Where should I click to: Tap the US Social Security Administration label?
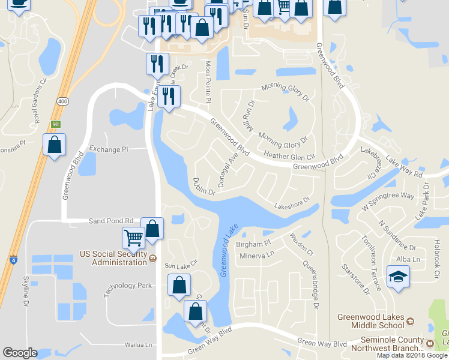coord(113,258)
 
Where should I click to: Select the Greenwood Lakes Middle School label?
coord(370,321)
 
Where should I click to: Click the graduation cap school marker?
coord(397,278)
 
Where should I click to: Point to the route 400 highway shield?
coord(62,102)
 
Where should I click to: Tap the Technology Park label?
coord(128,286)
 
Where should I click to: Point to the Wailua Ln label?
coord(139,345)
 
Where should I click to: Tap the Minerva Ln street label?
coord(257,254)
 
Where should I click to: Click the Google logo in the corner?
coord(20,353)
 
